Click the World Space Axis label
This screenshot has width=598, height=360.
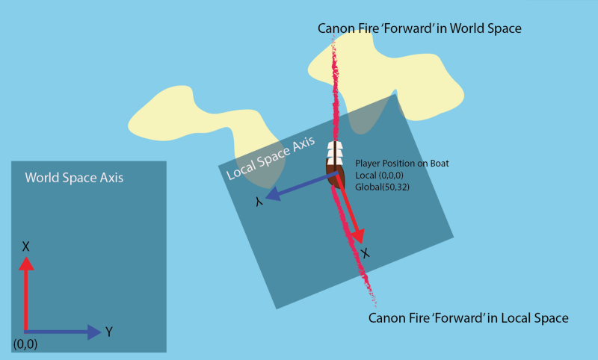[74, 179]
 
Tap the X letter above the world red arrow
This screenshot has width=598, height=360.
[26, 246]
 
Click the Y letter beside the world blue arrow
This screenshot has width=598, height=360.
[109, 331]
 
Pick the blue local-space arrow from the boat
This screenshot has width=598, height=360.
[299, 187]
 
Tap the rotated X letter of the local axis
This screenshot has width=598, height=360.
[365, 254]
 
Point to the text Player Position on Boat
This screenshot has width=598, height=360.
[402, 163]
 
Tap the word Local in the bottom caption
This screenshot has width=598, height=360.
[501, 318]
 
